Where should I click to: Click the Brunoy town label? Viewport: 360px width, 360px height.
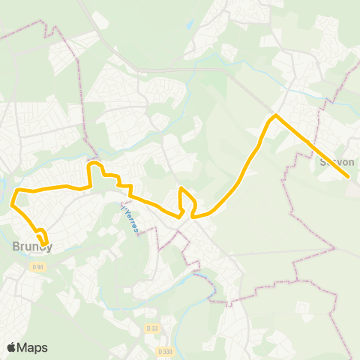[x=31, y=245]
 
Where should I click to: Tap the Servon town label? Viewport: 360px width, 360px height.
[x=336, y=161]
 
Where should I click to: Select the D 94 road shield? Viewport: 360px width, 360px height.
[x=37, y=267]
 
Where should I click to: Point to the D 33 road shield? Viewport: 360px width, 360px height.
[x=152, y=328]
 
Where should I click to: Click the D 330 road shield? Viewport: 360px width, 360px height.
[x=165, y=350]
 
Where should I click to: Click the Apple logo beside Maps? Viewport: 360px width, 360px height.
[x=11, y=347]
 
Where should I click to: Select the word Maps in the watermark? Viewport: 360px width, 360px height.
[x=33, y=347]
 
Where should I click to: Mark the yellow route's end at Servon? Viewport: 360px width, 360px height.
[x=349, y=177]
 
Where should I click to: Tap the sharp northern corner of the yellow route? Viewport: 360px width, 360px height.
[x=276, y=115]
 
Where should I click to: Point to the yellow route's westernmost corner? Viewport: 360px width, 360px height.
[x=12, y=202]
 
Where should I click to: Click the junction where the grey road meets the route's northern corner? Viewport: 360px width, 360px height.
[x=276, y=115]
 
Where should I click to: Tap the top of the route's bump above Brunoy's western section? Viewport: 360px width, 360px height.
[x=94, y=163]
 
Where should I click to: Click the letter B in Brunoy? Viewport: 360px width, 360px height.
[x=16, y=245]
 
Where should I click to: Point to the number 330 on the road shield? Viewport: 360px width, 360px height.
[x=167, y=350]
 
